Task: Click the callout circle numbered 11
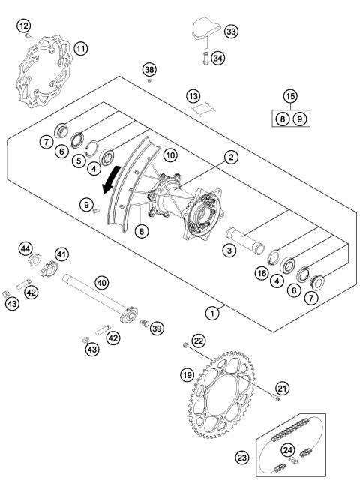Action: [x=80, y=49]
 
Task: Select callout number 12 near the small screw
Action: [x=24, y=27]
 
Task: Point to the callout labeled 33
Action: [x=231, y=32]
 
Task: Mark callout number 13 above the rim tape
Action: [x=194, y=96]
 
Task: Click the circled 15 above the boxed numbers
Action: [x=289, y=96]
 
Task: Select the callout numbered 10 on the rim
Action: [x=171, y=155]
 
